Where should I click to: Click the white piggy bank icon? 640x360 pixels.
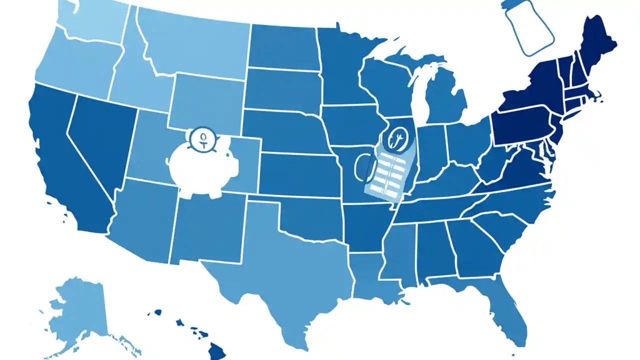point(200,167)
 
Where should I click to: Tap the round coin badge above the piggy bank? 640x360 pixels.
point(202,137)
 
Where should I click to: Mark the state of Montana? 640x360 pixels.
point(195,45)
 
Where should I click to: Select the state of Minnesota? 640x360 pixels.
point(345,70)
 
